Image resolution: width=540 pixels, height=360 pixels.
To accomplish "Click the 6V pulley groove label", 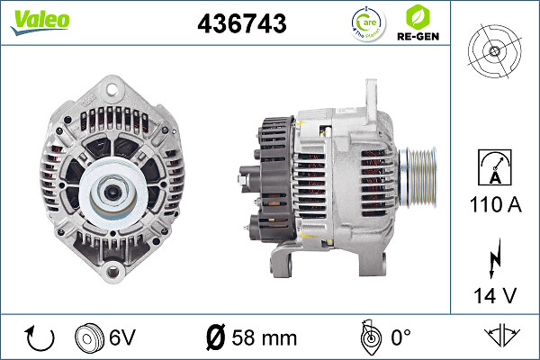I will [x=122, y=338].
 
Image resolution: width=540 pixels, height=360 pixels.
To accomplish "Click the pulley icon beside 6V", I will [x=90, y=338].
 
